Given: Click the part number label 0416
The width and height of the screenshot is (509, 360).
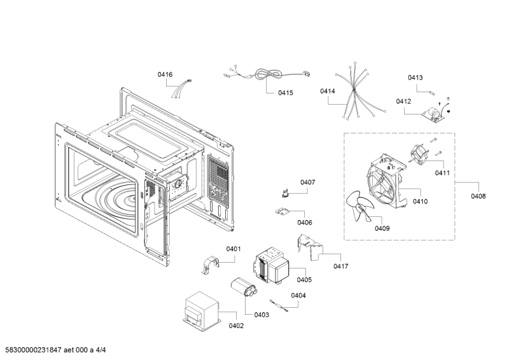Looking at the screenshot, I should [x=165, y=75].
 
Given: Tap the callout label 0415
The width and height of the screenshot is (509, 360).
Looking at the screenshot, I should [x=285, y=93].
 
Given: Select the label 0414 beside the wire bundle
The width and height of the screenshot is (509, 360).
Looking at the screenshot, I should [x=328, y=92].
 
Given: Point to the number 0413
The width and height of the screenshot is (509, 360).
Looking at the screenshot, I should [x=415, y=78].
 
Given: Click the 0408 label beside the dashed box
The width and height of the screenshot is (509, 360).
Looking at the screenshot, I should [x=478, y=197].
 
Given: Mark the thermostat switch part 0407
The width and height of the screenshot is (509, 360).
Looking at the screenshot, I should [x=287, y=189].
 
